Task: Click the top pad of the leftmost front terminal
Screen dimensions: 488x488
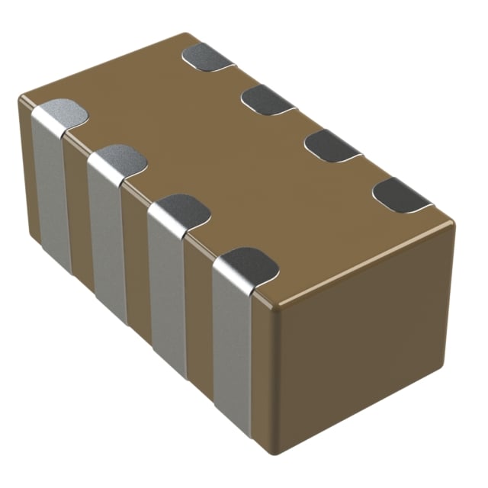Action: pos(61,114)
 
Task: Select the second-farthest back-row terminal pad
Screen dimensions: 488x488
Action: pos(267,99)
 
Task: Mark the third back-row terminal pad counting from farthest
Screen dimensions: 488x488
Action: pos(332,145)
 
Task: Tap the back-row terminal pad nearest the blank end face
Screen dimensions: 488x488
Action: pos(401,195)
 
